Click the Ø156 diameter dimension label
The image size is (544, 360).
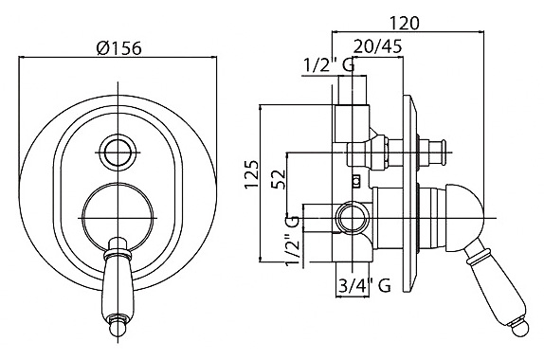(x=119, y=48)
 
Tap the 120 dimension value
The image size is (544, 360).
(x=405, y=24)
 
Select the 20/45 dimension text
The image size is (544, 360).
(x=378, y=45)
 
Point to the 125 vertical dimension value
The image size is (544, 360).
(x=252, y=174)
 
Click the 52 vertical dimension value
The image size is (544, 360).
(x=279, y=179)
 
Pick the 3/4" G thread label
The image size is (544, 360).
(x=364, y=286)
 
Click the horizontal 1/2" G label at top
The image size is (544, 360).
(x=329, y=64)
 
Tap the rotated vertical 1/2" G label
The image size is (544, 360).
(x=292, y=241)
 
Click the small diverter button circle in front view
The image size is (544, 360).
(x=118, y=153)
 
